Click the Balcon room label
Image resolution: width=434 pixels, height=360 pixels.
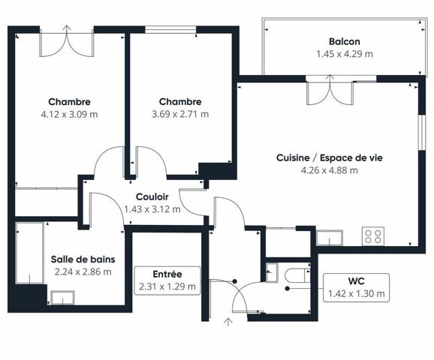[x=345, y=41]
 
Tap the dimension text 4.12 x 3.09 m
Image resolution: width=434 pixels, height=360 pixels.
[x=70, y=114]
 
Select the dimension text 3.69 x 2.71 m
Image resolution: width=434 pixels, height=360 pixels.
[x=180, y=114]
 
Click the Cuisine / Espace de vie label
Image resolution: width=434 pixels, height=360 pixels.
[x=330, y=157]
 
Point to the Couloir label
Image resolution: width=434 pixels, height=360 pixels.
[x=152, y=196]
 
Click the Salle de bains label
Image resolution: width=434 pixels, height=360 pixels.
[x=83, y=259]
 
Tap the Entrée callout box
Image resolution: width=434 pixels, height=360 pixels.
[x=167, y=280]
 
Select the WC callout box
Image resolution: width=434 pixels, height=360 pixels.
[x=356, y=287]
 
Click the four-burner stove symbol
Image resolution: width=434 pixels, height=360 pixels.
[x=373, y=236]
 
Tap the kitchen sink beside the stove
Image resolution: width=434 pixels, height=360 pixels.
[x=330, y=238]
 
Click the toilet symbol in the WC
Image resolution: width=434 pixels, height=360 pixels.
[x=297, y=275]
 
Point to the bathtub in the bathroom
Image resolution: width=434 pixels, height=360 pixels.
[x=29, y=253]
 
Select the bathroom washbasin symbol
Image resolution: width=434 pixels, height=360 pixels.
[x=62, y=298]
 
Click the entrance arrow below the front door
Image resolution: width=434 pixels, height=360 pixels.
[x=228, y=322]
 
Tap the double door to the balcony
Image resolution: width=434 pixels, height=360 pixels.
[x=330, y=90]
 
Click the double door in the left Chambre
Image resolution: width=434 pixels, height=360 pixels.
[x=67, y=41]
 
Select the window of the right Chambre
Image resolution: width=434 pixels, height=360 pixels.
[x=170, y=29]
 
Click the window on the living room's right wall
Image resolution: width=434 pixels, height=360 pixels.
[x=421, y=133]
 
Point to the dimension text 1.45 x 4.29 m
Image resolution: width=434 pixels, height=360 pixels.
[x=345, y=54]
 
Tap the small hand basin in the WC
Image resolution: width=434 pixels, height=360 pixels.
[x=272, y=272]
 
